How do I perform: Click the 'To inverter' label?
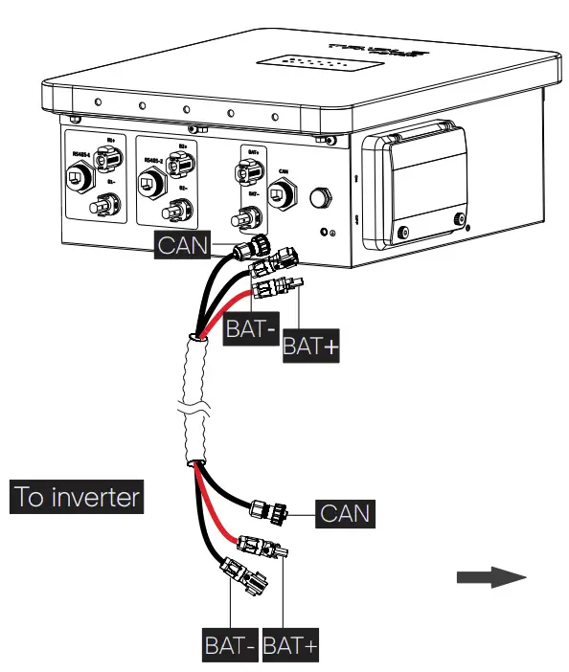pyautogui.click(x=77, y=498)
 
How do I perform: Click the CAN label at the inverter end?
pyautogui.click(x=344, y=513)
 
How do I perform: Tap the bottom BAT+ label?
pyautogui.click(x=291, y=645)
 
